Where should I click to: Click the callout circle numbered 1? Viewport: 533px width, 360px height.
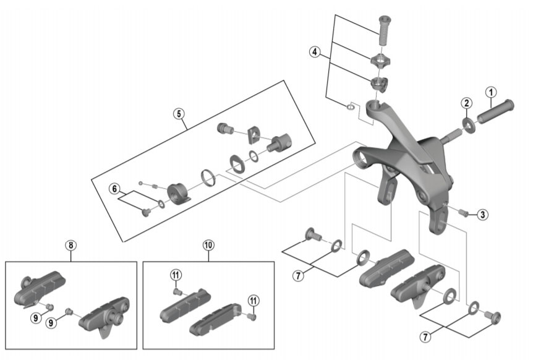(x=490, y=93)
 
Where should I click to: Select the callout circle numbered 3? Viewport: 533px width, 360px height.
(x=483, y=215)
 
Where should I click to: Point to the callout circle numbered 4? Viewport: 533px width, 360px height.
(x=316, y=52)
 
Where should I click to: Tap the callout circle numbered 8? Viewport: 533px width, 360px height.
(x=71, y=245)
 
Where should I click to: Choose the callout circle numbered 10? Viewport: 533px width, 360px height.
(x=208, y=245)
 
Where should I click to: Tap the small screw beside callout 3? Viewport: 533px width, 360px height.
(x=463, y=213)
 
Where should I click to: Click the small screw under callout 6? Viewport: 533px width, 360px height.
(x=146, y=212)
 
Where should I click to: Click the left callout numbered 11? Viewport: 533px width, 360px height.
(x=176, y=275)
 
